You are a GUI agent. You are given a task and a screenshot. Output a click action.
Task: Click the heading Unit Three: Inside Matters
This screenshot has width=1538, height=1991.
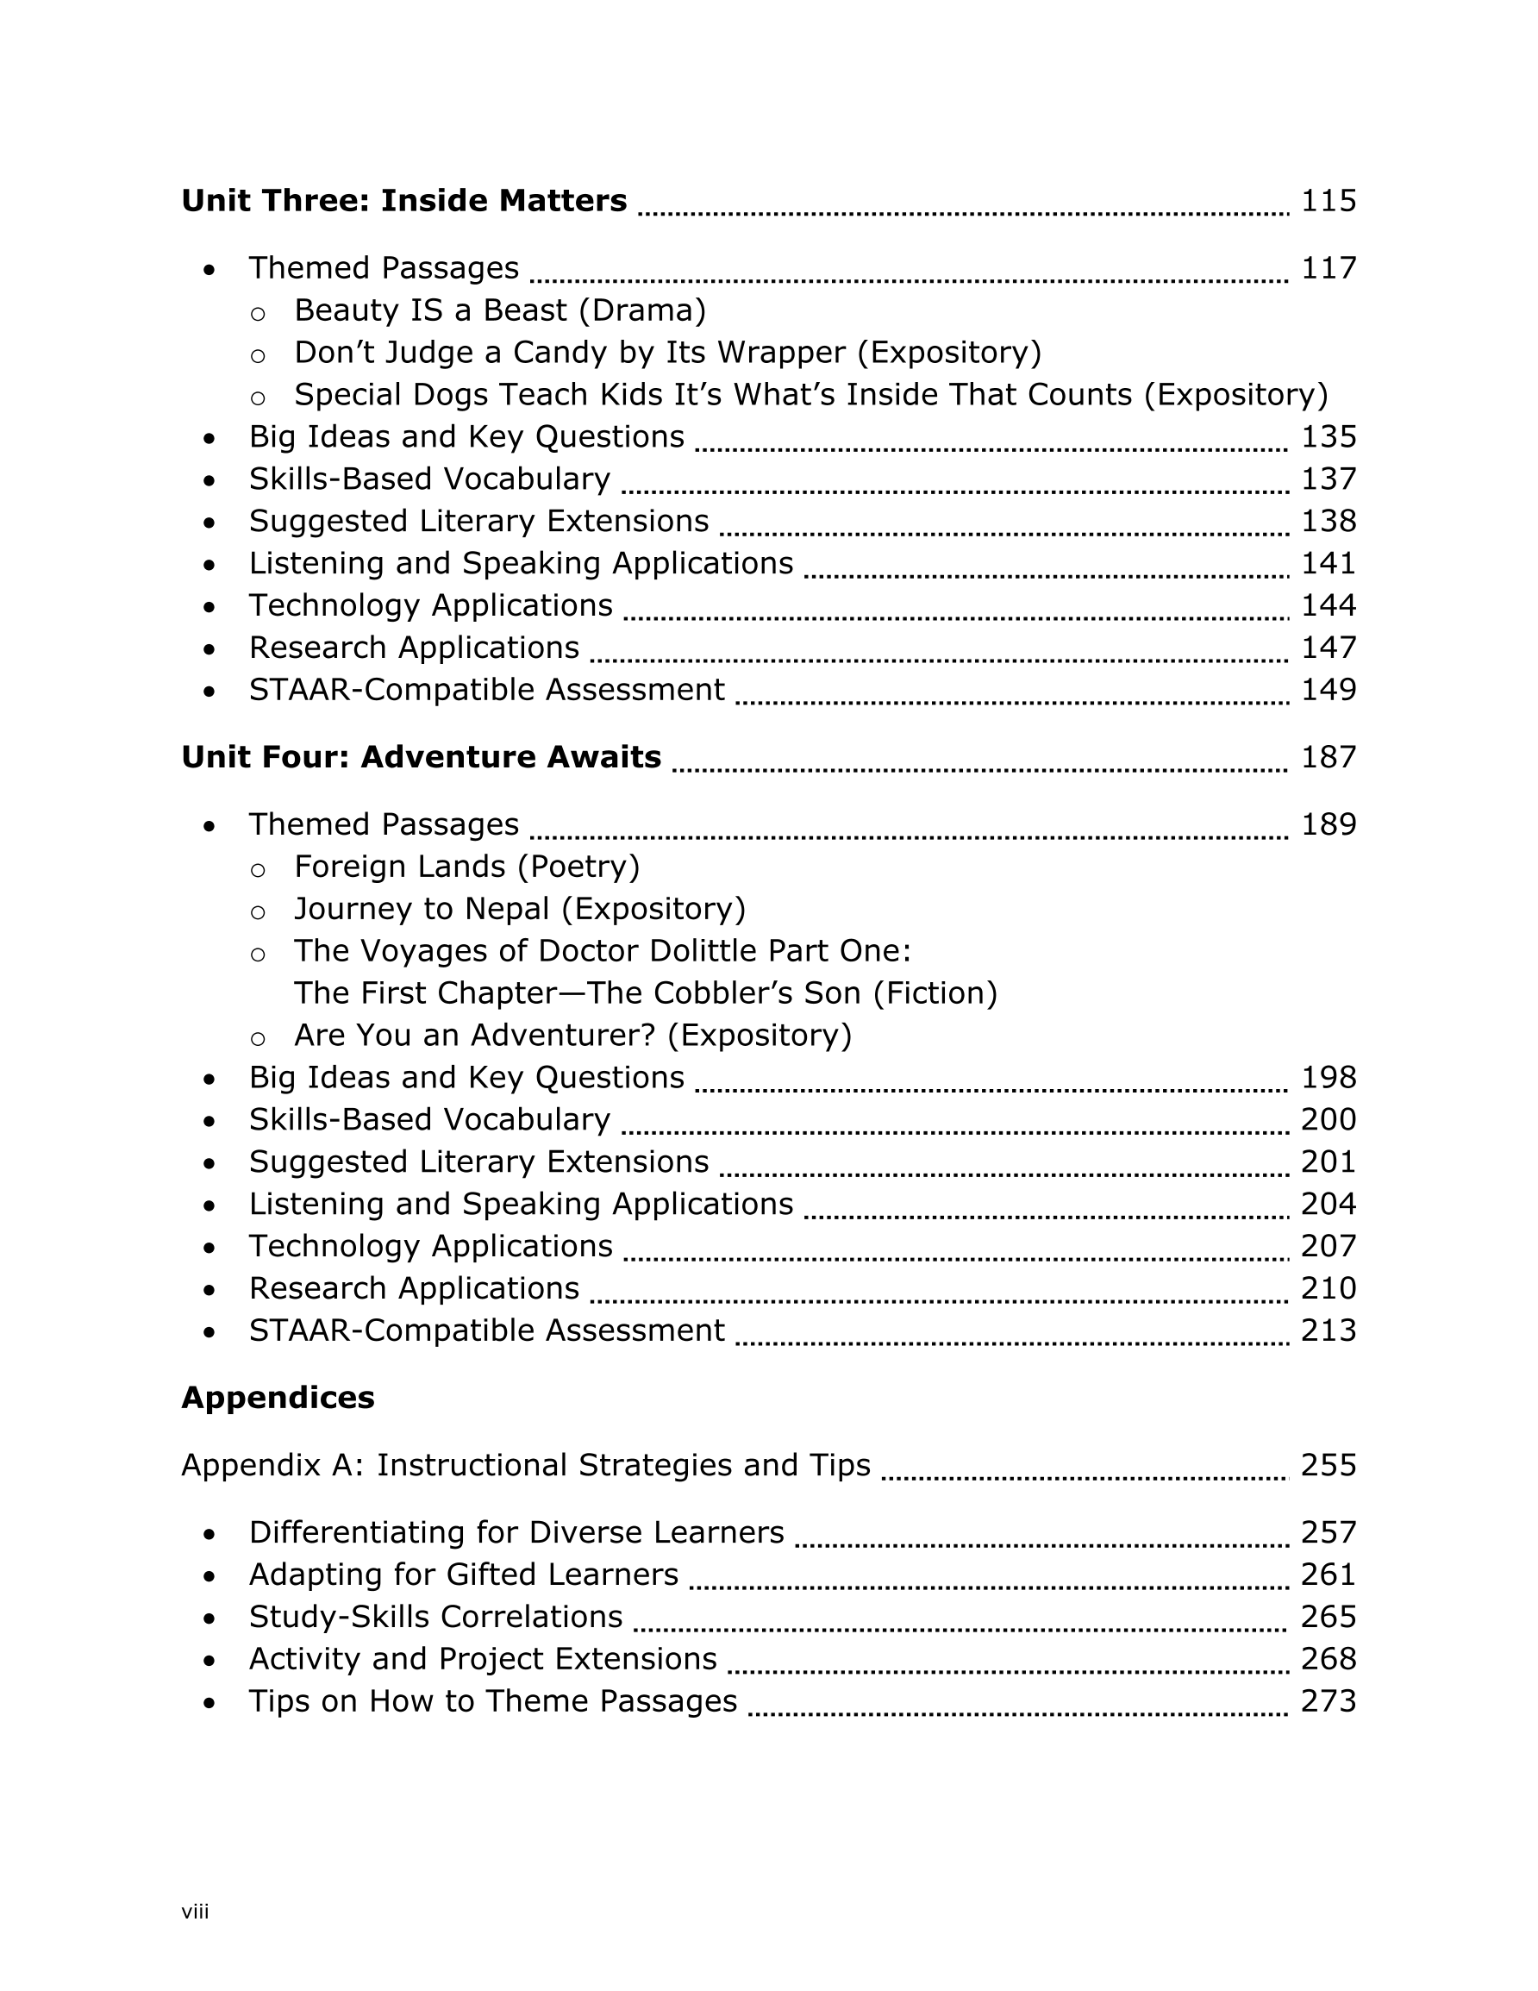403,201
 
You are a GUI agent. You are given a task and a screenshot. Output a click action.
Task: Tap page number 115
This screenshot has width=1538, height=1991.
1328,201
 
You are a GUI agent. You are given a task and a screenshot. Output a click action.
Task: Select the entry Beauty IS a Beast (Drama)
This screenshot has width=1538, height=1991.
500,311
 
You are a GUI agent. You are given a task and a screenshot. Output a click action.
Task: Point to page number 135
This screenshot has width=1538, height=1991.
1328,436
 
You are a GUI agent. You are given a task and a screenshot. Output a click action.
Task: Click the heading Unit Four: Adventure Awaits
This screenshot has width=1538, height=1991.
422,757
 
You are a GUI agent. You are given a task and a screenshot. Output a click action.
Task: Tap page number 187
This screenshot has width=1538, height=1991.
1328,757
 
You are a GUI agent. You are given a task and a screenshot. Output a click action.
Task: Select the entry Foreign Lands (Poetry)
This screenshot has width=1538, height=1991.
466,866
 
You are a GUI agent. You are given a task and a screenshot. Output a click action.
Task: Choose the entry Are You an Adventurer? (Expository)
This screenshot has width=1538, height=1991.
572,1036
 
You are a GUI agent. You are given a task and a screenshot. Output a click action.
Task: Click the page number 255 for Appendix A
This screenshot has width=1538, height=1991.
1328,1465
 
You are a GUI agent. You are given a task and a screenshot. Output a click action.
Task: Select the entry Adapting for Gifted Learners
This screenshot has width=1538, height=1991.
463,1575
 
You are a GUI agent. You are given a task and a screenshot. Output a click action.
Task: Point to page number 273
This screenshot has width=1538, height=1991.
1328,1701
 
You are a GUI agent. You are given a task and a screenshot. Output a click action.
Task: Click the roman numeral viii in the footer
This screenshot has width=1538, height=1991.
195,1912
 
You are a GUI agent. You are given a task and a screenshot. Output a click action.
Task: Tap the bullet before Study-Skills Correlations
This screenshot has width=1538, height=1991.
209,1618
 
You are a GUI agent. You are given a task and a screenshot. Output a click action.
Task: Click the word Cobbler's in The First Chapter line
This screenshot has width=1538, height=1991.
722,992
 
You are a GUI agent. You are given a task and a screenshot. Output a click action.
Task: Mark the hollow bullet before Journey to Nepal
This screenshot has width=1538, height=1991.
258,911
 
